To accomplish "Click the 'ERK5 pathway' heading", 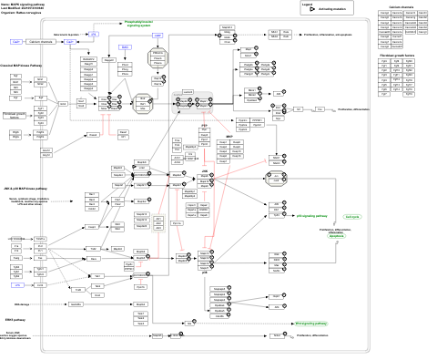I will pos(17,321).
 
